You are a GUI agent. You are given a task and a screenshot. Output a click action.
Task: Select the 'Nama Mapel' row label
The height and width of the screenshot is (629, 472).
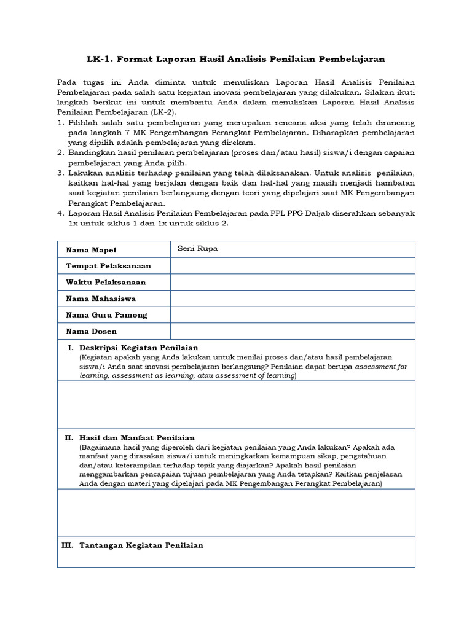click(x=91, y=250)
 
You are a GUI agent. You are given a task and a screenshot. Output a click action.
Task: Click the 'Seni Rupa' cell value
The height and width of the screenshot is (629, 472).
click(x=197, y=249)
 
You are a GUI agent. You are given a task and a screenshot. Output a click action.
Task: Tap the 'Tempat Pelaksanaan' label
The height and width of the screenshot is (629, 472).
click(x=108, y=266)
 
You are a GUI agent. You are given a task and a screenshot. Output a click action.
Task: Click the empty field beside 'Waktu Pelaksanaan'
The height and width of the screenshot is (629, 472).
click(x=293, y=282)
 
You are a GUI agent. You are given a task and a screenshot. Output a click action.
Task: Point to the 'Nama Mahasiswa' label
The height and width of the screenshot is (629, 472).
click(x=101, y=299)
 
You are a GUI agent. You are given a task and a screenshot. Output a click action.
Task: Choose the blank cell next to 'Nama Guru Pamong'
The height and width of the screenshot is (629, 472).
click(x=293, y=314)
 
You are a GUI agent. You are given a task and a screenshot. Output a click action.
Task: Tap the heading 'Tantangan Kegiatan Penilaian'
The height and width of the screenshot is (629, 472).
click(x=141, y=545)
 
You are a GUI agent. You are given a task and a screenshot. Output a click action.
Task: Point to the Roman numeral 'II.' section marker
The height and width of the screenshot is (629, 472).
click(x=69, y=437)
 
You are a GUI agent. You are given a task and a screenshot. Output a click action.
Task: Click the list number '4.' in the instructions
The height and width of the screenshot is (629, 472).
click(x=61, y=213)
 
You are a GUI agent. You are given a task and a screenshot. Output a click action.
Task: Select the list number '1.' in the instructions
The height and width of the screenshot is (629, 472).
click(x=61, y=123)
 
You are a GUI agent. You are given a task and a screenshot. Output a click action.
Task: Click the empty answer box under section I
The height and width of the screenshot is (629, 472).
click(x=236, y=404)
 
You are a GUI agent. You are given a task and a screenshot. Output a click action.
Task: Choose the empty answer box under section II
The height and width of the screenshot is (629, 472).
click(x=236, y=513)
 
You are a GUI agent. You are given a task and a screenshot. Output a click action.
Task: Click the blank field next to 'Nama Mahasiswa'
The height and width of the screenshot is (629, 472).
click(x=293, y=299)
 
